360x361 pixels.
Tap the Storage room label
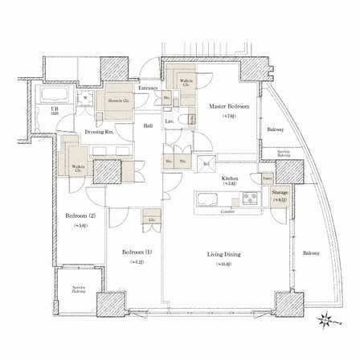tap(280, 193)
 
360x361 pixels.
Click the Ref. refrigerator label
tap(207, 164)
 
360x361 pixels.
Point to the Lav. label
tap(170, 121)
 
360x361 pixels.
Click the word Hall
tap(149, 126)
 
